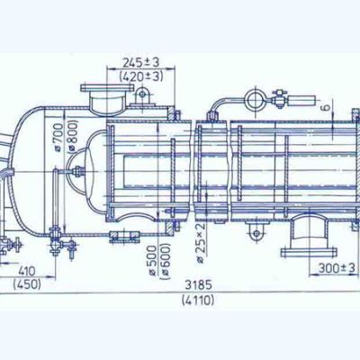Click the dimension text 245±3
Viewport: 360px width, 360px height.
140,62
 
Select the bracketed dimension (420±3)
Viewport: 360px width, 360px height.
141,76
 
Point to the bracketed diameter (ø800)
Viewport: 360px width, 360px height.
72,136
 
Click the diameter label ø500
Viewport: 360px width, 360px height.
153,261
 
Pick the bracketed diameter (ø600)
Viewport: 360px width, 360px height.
166,261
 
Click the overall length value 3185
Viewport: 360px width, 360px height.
198,284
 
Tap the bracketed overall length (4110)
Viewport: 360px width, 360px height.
198,300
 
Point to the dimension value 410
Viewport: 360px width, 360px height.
27,271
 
